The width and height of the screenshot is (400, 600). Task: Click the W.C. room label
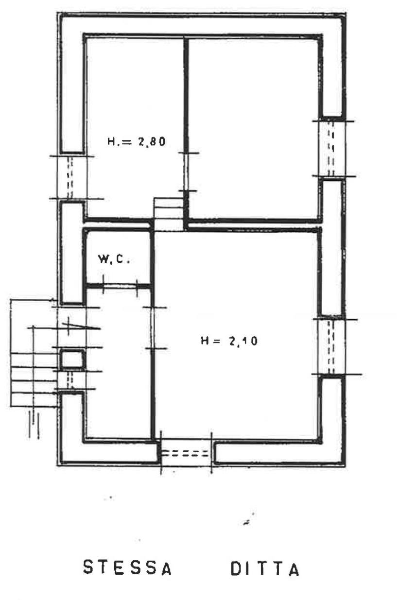(114, 259)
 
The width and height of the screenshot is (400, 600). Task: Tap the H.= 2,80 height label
(137, 141)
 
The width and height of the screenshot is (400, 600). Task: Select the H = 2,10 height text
(229, 341)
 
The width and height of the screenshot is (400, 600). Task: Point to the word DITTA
(265, 570)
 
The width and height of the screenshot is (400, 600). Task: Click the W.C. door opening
(121, 286)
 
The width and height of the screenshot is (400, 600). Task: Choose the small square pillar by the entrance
(72, 359)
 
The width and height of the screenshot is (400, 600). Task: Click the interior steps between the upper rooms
(168, 214)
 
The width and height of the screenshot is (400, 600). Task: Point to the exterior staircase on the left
(34, 367)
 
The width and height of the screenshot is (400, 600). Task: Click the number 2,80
(152, 141)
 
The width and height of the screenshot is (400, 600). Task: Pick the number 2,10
(243, 341)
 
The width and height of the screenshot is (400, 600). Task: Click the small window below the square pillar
(70, 380)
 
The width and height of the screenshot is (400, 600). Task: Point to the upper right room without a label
(253, 129)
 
